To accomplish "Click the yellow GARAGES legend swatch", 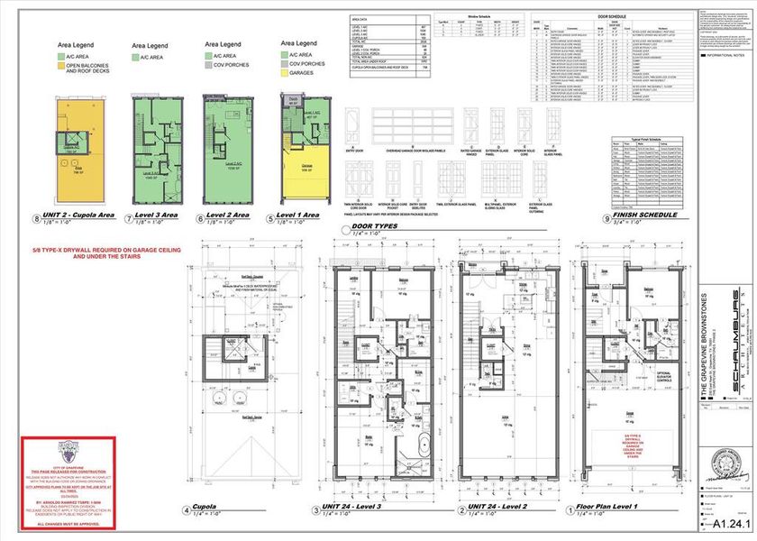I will point(285,73).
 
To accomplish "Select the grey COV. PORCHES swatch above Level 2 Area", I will point(209,66).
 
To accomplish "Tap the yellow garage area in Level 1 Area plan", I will point(306,171).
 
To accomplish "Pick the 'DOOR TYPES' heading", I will point(377,225).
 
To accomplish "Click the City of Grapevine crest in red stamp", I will point(68,448).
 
